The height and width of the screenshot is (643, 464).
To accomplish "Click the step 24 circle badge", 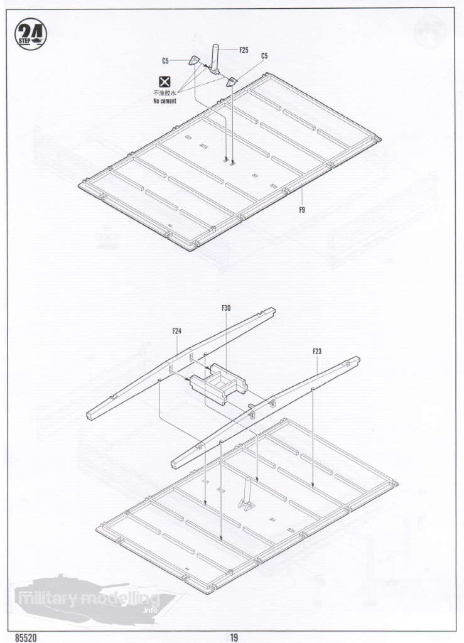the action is pos(30,35).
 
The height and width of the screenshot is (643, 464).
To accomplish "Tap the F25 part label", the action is pos(244,50).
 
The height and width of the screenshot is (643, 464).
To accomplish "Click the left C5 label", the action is pos(165,61).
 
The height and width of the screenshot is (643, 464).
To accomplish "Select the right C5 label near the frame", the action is pos(264,56).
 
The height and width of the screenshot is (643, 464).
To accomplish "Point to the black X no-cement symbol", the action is pos(165,82).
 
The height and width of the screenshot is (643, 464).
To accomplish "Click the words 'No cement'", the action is pos(165,101).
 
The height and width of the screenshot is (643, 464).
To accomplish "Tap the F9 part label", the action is pos(301,210).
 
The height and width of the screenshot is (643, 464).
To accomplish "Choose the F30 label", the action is pos(226,308).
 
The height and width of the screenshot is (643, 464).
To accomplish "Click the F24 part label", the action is pos(176,331).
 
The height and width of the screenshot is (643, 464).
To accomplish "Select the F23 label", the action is pos(317,352).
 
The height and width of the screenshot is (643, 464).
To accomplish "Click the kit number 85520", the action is pos(26,638).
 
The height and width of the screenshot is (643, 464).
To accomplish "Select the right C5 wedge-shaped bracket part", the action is pos(232,82).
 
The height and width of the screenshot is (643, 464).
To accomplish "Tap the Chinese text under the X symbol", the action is pos(165,93).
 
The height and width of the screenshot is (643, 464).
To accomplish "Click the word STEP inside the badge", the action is pos(24,41).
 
